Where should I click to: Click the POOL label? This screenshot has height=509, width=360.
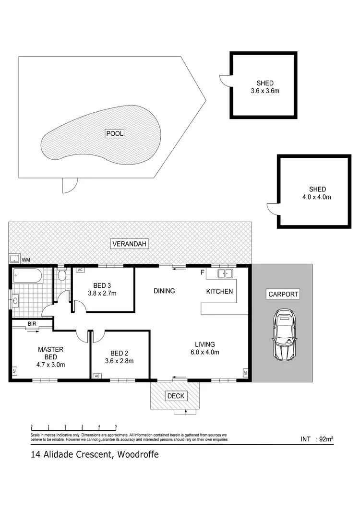point(115,134)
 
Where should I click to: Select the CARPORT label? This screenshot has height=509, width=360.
point(283,295)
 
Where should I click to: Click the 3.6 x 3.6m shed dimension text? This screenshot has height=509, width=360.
point(265,90)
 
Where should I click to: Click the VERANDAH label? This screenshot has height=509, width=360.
point(130,244)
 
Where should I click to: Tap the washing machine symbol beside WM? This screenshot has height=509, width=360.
point(14,260)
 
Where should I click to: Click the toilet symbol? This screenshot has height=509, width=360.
point(61,275)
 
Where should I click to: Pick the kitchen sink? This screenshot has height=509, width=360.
point(225,274)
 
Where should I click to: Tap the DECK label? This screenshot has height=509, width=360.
point(175,396)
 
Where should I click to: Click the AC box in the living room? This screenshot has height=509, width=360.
point(245,373)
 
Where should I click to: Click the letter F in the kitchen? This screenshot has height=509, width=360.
point(203,273)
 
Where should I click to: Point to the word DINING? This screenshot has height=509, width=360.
point(164,291)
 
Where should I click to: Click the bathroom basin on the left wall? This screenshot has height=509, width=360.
point(15,302)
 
